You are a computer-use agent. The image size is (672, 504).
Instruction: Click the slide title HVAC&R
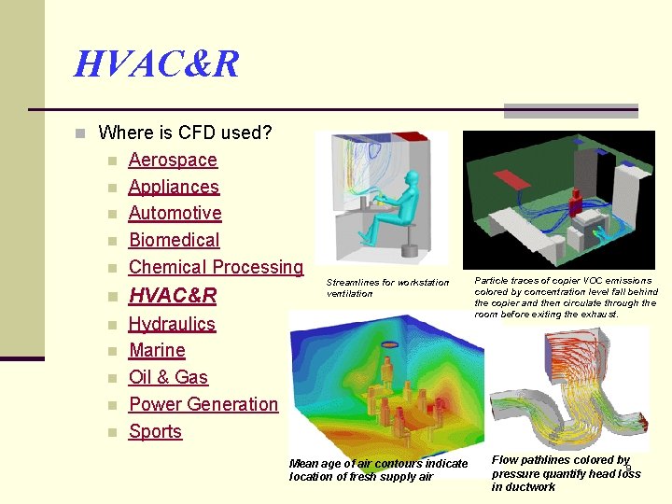(x=157, y=64)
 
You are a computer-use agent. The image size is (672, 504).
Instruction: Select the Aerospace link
(x=172, y=160)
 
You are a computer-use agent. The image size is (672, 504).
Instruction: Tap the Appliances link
(x=174, y=187)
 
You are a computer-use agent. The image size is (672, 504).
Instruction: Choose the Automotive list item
(x=175, y=213)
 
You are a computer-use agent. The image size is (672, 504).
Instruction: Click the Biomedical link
(x=174, y=240)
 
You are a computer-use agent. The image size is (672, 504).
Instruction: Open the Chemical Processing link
(x=216, y=267)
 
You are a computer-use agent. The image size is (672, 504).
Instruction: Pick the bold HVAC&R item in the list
(x=173, y=296)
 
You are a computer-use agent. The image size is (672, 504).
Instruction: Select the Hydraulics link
(x=172, y=324)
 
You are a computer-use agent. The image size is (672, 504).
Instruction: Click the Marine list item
(x=157, y=350)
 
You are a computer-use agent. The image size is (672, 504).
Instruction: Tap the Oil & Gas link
(x=168, y=377)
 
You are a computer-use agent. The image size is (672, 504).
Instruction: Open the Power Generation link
(x=203, y=404)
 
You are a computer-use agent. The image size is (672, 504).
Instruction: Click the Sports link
(x=155, y=431)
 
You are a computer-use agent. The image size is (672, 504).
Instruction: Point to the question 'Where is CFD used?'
(x=185, y=133)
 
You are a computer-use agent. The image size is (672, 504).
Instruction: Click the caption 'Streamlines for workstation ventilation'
(x=387, y=287)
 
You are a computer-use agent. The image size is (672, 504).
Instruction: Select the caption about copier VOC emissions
(x=565, y=297)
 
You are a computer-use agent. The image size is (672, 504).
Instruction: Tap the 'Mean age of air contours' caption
(x=378, y=469)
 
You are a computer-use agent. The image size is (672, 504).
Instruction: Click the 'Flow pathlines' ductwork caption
(x=566, y=472)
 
